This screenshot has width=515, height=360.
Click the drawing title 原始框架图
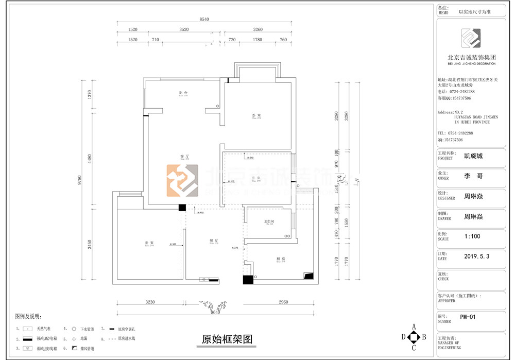click(227, 339)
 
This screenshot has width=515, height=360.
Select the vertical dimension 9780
click(80, 180)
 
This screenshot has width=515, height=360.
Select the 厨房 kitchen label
click(280, 259)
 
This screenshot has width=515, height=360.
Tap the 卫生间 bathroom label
click(269, 221)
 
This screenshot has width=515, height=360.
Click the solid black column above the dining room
click(182, 208)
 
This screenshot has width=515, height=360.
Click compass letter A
click(413, 326)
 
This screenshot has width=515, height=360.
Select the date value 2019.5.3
click(477, 256)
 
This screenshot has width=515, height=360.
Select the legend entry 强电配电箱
click(47, 339)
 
